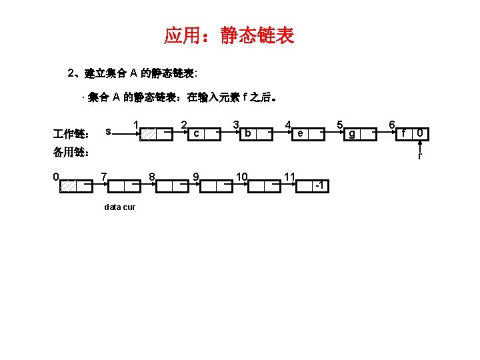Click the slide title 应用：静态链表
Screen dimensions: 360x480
[x=229, y=35]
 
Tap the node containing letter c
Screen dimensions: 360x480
[x=195, y=134]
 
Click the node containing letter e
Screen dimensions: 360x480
[x=301, y=134]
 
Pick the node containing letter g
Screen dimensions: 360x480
[x=353, y=134]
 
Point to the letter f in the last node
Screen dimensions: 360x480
[x=404, y=134]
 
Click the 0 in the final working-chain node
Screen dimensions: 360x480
[x=419, y=134]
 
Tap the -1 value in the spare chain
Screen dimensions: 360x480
[x=320, y=185]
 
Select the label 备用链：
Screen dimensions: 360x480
[x=71, y=152]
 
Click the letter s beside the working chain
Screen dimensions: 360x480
[x=109, y=131]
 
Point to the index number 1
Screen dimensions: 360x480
[x=135, y=124]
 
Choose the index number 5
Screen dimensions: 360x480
[x=339, y=124]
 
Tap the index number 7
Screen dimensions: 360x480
[x=103, y=177]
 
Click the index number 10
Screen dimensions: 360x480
[x=242, y=177]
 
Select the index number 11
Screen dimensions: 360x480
[x=289, y=177]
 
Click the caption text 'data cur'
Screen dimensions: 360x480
[x=120, y=207]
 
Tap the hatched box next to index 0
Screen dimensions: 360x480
[x=68, y=187]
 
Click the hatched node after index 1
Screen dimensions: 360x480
[x=151, y=134]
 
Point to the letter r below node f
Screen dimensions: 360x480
[x=419, y=157]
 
